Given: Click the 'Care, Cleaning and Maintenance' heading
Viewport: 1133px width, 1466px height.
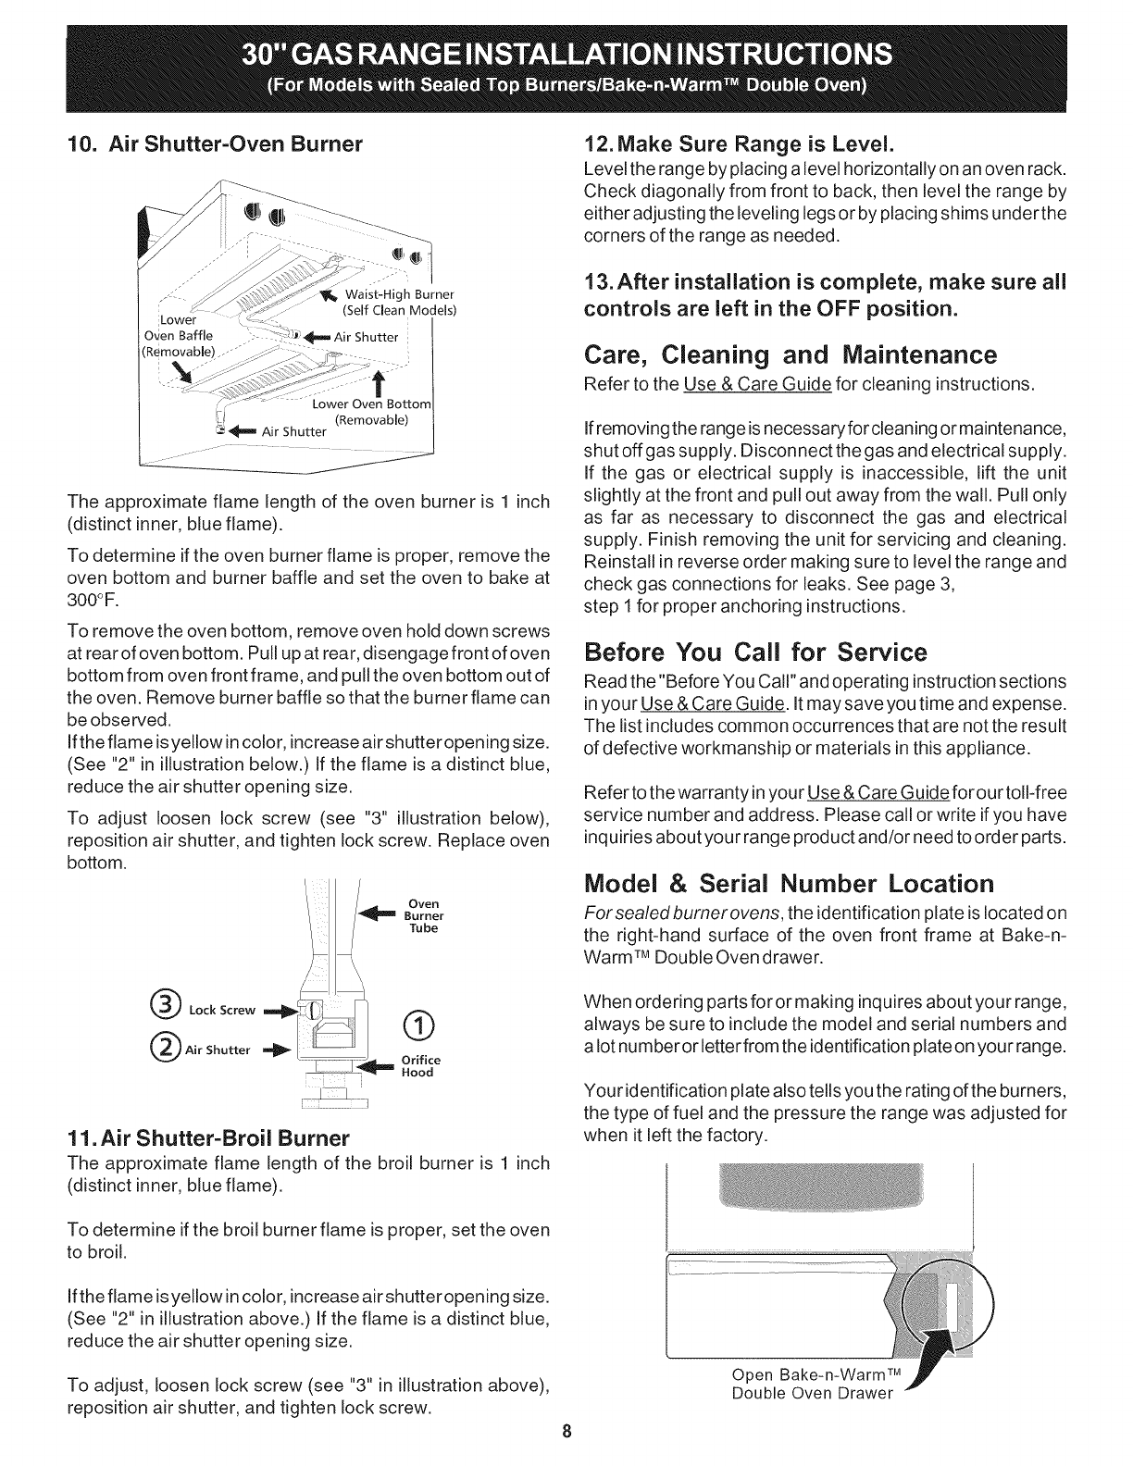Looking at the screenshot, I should click(x=790, y=355).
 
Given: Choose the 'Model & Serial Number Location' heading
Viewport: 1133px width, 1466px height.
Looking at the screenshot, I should click(x=789, y=881).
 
